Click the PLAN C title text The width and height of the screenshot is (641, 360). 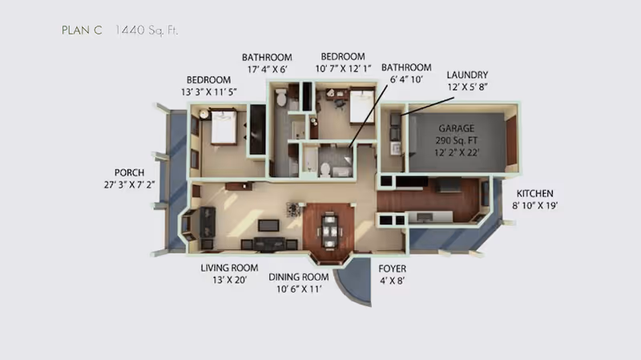[x=81, y=30]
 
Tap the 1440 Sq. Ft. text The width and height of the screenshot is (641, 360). [x=147, y=30]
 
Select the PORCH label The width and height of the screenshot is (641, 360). [x=129, y=172]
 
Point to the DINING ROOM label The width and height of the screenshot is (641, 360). [x=299, y=277]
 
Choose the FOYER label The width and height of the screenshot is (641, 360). [x=393, y=268]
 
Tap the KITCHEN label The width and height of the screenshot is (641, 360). [x=535, y=193]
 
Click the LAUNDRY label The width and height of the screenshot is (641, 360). [x=467, y=75]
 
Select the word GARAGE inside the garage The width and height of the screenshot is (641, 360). [x=456, y=128]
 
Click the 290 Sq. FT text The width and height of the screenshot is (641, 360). [x=456, y=140]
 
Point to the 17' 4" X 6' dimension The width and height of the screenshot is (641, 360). [x=267, y=69]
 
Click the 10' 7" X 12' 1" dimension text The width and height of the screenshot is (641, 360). [x=343, y=69]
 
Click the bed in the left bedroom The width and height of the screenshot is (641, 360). [x=222, y=127]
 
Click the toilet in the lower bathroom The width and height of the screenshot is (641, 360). [x=325, y=169]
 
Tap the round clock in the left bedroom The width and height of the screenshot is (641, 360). [x=204, y=115]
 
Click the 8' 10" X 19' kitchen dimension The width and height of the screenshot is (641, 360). [x=535, y=205]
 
